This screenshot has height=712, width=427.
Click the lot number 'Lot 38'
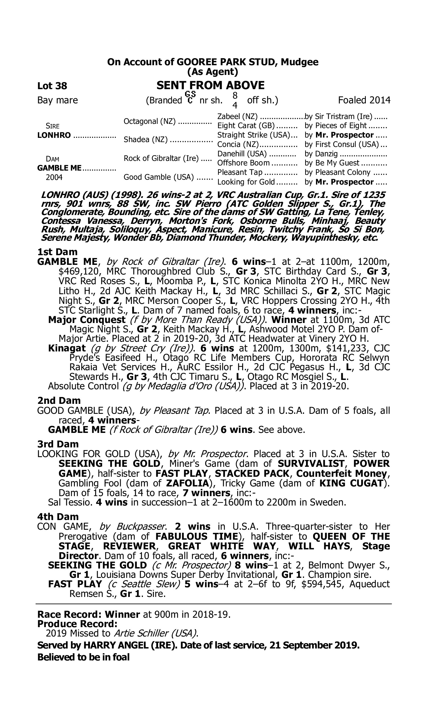coord(52,86)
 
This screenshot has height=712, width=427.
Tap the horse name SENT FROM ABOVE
coord(210,85)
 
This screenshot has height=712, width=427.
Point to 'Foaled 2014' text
coord(364,100)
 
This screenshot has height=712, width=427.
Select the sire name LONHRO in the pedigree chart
coord(54,135)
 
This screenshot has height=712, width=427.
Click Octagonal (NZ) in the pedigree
coord(149,121)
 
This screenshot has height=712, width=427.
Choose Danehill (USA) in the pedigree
coord(242,154)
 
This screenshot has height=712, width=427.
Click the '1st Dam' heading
coord(57,252)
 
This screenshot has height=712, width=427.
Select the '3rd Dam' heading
coord(58,444)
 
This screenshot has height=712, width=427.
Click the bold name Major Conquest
coord(87,320)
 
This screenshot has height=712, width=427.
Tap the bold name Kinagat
coord(67,348)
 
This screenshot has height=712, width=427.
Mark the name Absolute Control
coord(83,386)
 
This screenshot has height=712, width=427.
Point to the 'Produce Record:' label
coord(77,624)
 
